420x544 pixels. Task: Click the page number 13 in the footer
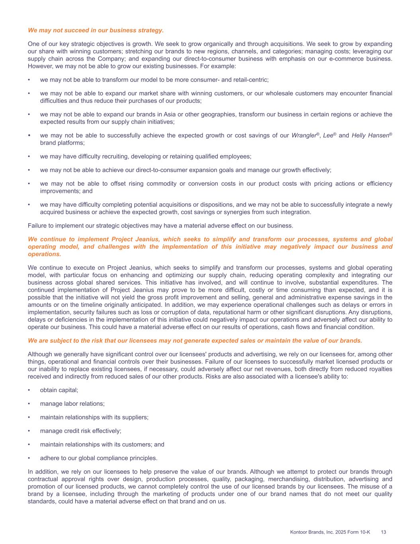pyautogui.click(x=384, y=532)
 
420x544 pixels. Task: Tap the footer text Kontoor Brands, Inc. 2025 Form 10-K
pyautogui.click(x=330, y=532)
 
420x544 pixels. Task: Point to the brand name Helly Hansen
pyautogui.click(x=370, y=136)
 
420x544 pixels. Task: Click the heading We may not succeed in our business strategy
pyautogui.click(x=96, y=30)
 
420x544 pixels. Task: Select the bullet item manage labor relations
pyautogui.click(x=72, y=404)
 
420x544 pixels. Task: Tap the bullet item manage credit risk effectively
pyautogui.click(x=80, y=431)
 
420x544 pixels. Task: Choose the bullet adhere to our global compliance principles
pyautogui.click(x=98, y=458)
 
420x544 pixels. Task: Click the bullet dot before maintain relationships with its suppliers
pyautogui.click(x=29, y=417)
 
